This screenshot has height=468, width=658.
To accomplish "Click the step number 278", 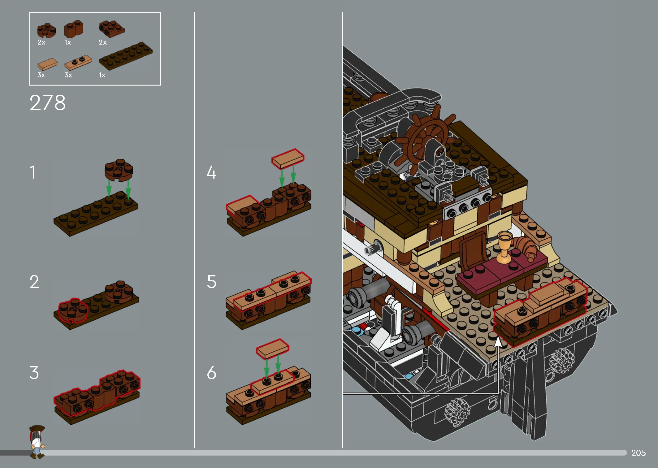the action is [48, 102].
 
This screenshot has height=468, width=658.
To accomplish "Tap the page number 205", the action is [638, 453].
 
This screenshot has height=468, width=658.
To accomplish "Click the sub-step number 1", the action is [32, 172].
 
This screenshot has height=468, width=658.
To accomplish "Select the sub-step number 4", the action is [211, 172].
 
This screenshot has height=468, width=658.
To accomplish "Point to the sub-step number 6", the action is [211, 373].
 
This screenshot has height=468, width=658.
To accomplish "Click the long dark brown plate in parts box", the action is [126, 56].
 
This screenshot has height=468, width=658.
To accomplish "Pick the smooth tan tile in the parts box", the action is [47, 64].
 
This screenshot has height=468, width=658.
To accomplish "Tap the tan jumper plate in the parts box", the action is [78, 63].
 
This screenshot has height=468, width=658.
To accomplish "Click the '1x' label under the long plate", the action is [102, 75].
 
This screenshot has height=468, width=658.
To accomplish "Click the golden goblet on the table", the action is [504, 247].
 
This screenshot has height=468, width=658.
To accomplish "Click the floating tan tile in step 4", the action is [288, 159].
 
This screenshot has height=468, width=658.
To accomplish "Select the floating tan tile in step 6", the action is [272, 349].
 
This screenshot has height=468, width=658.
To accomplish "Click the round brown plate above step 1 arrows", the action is [119, 170].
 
